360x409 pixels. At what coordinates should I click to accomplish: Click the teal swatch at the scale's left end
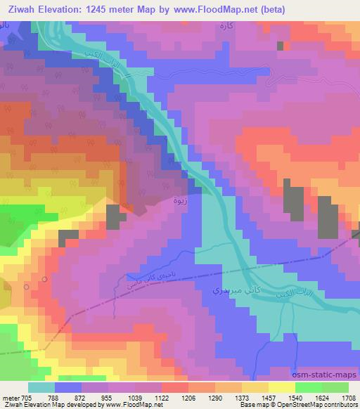click(41, 387)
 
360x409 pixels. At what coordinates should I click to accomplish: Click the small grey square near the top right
click(281, 46)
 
